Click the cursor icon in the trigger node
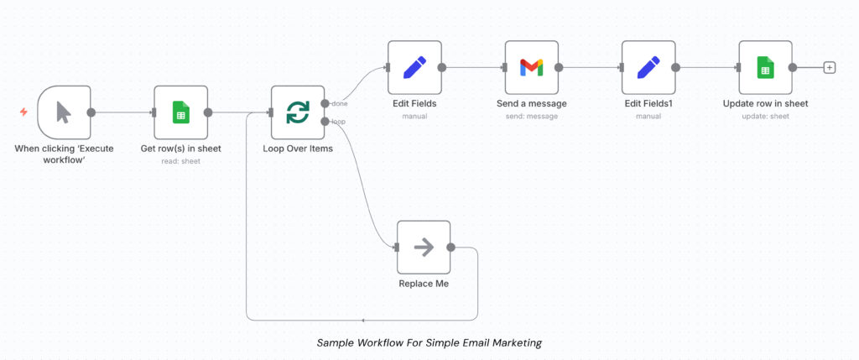[64, 112]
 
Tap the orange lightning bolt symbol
[23, 112]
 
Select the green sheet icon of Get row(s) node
[180, 112]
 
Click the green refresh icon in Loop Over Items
[298, 112]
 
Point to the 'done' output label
[340, 103]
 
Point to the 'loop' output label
[339, 122]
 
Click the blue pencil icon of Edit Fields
[414, 67]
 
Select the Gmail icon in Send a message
[532, 67]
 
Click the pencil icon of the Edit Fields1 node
[648, 67]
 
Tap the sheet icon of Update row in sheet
[765, 67]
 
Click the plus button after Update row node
[830, 67]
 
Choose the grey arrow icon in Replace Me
[424, 247]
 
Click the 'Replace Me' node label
[424, 284]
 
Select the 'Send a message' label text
[532, 103]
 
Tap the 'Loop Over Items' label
[298, 149]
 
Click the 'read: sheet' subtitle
[180, 160]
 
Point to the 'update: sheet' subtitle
[765, 116]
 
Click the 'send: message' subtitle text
[532, 116]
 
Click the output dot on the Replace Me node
[451, 247]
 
